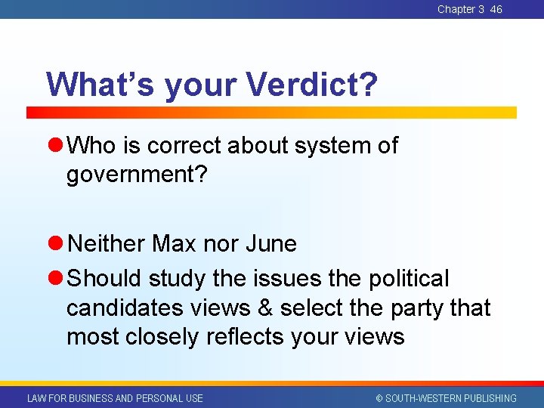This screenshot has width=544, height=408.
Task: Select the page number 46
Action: [x=496, y=9]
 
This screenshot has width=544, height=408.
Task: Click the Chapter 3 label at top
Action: [x=461, y=9]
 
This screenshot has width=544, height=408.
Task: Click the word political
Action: [x=409, y=279]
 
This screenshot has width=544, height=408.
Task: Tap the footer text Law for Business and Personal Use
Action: [x=115, y=398]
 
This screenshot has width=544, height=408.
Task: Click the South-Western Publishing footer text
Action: [x=451, y=398]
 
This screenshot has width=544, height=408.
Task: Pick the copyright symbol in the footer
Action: [x=380, y=398]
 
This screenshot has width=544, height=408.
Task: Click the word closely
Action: [x=164, y=337]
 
